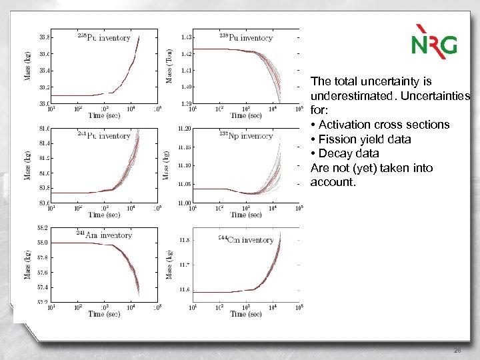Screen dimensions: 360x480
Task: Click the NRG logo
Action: click(x=434, y=41)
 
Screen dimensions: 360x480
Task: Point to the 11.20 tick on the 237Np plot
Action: click(x=184, y=128)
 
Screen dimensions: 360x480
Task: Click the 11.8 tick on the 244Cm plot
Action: click(x=185, y=239)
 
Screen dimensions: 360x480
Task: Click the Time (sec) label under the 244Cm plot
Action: click(x=247, y=314)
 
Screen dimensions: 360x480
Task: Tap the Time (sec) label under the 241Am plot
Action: click(x=106, y=314)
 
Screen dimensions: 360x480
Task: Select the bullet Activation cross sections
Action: click(x=380, y=125)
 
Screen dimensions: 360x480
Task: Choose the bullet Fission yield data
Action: click(x=364, y=139)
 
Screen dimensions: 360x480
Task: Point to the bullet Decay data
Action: click(x=345, y=154)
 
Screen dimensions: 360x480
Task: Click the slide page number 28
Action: click(x=457, y=350)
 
